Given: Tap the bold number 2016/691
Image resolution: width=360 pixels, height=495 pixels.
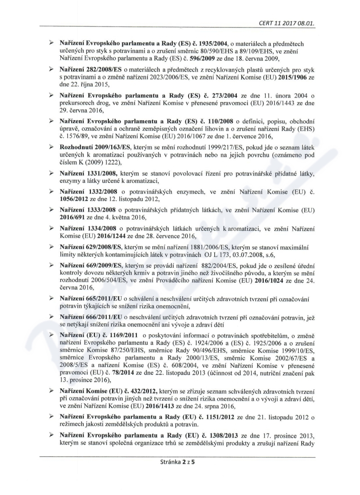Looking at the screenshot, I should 74,216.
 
